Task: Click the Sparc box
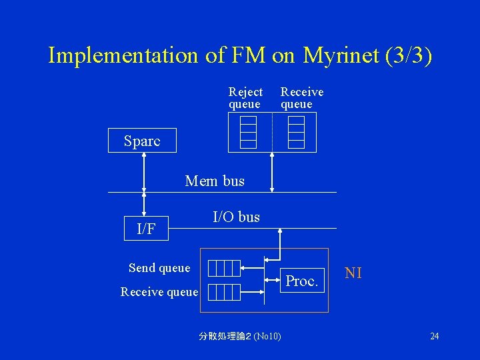[142, 141]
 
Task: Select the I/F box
[146, 229]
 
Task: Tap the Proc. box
[301, 281]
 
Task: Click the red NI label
[353, 273]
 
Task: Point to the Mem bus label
[215, 181]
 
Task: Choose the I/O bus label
[236, 217]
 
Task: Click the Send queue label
[159, 268]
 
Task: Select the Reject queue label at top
[245, 97]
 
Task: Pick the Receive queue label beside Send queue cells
[159, 291]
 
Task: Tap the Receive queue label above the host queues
[301, 97]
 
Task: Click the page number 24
[434, 336]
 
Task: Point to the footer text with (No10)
[240, 336]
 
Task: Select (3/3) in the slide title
[409, 55]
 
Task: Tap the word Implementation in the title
[123, 55]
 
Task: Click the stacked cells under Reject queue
[249, 132]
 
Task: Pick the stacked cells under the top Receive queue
[297, 132]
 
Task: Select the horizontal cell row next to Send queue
[223, 268]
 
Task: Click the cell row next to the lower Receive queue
[223, 291]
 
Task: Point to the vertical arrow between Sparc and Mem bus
[144, 172]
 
